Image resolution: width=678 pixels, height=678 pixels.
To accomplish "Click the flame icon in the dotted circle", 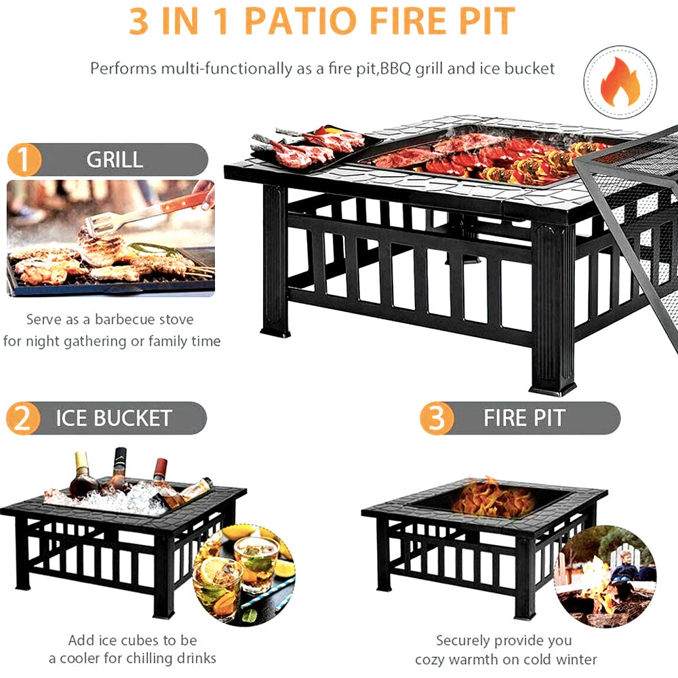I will pos(620,81).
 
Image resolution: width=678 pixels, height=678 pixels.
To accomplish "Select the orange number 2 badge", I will pos(23,418).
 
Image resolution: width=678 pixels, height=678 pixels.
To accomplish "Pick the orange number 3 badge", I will pos(436,418).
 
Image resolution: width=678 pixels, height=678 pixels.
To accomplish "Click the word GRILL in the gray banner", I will pos(115,160).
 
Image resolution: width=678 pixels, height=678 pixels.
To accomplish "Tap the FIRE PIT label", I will pos(523,418).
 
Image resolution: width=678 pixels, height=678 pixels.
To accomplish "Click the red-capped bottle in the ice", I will pos(159,472).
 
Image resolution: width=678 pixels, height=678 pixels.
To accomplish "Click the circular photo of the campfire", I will pos(605,576).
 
